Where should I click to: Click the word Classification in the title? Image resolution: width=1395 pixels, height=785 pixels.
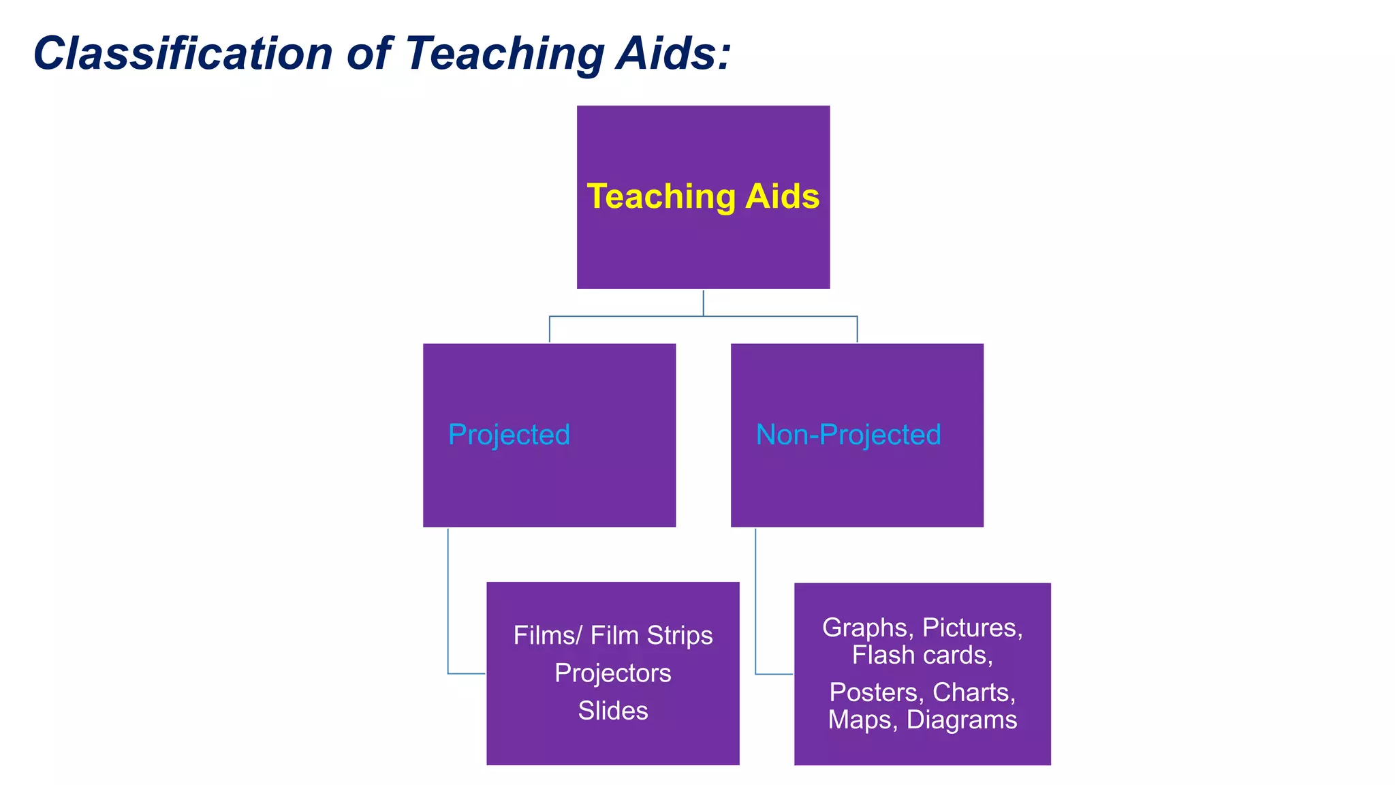(x=183, y=53)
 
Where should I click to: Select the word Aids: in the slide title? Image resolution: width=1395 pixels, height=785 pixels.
(x=673, y=53)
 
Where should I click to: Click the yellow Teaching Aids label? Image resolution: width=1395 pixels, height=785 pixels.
(x=703, y=196)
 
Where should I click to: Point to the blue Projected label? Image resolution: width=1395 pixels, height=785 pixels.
(x=509, y=435)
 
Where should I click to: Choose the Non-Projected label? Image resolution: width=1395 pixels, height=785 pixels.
(x=848, y=435)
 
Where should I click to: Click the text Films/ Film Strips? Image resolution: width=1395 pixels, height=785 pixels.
(x=613, y=635)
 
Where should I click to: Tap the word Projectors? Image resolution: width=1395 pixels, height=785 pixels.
(x=613, y=673)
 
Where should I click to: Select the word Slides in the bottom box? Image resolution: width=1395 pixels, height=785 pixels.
(x=613, y=711)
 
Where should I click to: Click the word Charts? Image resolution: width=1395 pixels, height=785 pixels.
(x=974, y=692)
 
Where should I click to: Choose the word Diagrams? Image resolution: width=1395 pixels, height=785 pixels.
(x=962, y=720)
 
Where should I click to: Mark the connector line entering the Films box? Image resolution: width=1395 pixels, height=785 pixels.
(x=466, y=673)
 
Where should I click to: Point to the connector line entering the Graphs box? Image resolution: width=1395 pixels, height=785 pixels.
(x=774, y=674)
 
